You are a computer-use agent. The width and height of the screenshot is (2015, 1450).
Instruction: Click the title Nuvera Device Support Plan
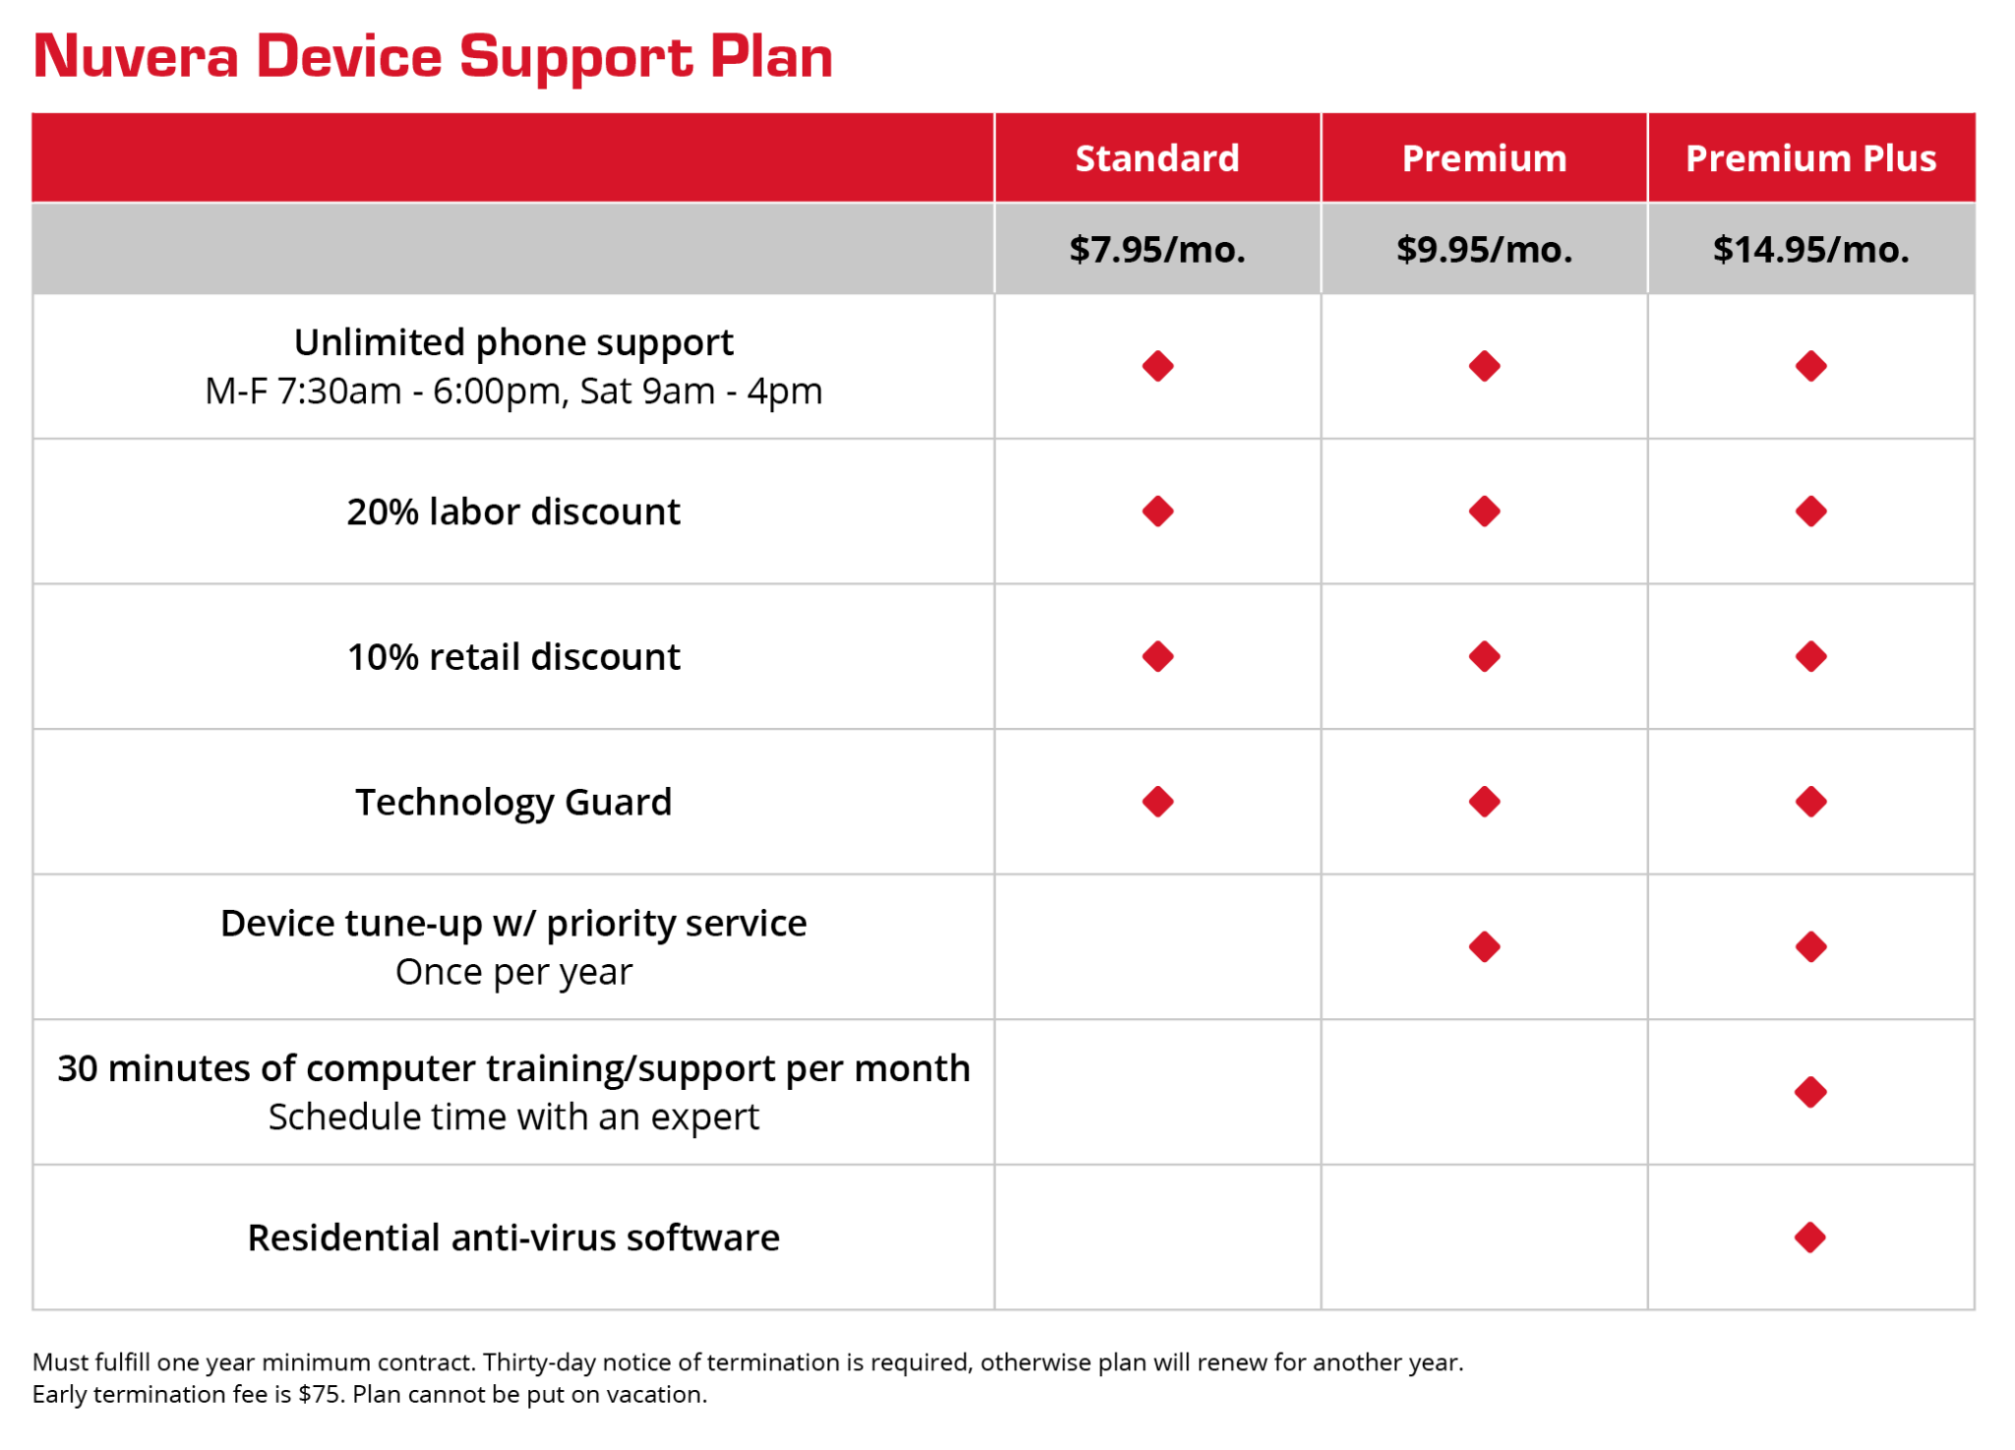point(433,56)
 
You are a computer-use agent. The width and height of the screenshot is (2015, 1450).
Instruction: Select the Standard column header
point(1157,158)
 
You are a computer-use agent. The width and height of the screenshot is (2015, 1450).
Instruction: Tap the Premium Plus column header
point(1810,158)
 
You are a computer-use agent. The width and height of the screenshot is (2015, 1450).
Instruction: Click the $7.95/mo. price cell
point(1157,249)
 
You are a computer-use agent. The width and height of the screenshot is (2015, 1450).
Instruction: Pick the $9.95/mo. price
point(1484,249)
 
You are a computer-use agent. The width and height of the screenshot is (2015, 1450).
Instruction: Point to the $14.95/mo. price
point(1810,249)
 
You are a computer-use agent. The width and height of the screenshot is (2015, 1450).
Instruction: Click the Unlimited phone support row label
point(514,342)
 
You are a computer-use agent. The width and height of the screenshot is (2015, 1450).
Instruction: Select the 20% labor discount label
point(514,512)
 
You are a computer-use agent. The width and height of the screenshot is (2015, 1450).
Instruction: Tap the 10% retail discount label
point(514,656)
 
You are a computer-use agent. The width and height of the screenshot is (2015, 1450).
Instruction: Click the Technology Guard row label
point(514,802)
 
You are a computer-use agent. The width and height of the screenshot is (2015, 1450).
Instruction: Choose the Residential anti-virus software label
point(514,1238)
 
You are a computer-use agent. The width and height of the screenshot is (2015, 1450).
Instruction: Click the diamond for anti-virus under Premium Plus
point(1810,1238)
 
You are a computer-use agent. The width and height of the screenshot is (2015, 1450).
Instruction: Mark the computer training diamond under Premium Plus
point(1810,1092)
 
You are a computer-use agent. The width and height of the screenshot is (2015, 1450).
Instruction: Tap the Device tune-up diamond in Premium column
point(1484,947)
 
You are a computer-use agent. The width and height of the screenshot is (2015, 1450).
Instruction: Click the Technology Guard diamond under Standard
point(1157,802)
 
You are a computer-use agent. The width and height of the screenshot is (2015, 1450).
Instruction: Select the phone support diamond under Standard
point(1157,366)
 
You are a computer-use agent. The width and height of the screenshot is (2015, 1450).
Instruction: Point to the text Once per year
point(514,972)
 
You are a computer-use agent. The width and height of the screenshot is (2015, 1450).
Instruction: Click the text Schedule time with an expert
point(514,1118)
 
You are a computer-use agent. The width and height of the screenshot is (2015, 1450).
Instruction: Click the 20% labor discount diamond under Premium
point(1484,512)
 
